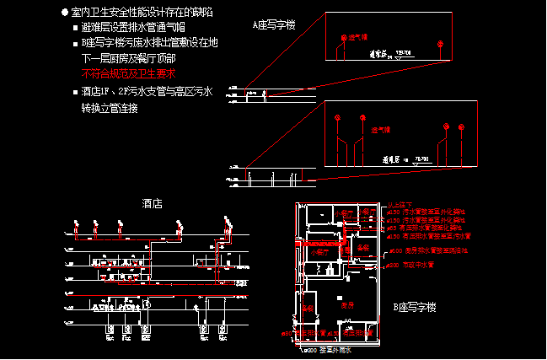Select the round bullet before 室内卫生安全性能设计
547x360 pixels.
65,14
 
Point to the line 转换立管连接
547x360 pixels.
110,108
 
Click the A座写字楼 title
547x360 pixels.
275,25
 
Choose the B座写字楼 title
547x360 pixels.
415,308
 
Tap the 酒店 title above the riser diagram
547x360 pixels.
153,204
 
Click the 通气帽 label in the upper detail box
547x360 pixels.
359,38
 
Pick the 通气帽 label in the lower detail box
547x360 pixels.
382,131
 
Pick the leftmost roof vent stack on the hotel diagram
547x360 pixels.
75,224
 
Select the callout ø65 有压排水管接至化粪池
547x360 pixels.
426,228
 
